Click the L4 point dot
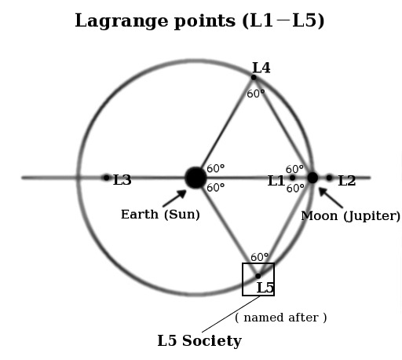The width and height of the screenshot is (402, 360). [x=254, y=77]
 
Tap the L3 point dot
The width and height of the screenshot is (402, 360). [x=106, y=178]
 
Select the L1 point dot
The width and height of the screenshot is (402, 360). [x=293, y=178]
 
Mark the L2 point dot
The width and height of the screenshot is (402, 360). [x=329, y=178]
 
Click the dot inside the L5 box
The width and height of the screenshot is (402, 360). [x=258, y=276]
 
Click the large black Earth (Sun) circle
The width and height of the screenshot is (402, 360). [x=196, y=178]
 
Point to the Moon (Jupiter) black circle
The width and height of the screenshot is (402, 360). [x=312, y=178]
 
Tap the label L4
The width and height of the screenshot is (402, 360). [x=261, y=68]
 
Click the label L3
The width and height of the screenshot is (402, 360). [x=122, y=180]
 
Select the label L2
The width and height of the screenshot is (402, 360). [x=347, y=181]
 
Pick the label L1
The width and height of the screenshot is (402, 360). [x=276, y=181]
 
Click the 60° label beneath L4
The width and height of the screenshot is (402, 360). [x=256, y=94]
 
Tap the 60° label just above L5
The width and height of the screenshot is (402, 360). [x=259, y=257]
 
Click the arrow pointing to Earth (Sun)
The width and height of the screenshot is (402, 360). [x=174, y=198]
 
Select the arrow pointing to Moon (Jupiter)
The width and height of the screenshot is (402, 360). [x=331, y=198]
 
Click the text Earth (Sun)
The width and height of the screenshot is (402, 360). [x=160, y=215]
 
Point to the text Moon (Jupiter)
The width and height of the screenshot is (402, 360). [x=351, y=216]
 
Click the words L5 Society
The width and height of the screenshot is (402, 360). [x=199, y=341]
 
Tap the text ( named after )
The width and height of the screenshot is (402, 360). [x=281, y=318]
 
